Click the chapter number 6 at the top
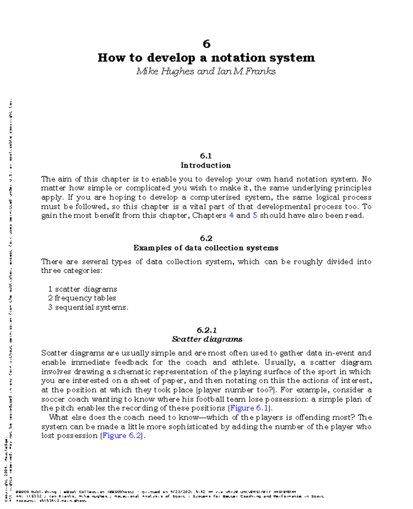click(206, 44)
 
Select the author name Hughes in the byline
click(178, 71)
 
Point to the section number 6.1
click(206, 156)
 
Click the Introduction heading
click(206, 165)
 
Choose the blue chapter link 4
click(231, 216)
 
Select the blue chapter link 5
click(255, 216)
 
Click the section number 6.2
click(206, 238)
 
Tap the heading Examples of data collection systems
click(206, 248)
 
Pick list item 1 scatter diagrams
click(83, 289)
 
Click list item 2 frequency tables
click(82, 298)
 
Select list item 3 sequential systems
click(88, 307)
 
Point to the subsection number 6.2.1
click(206, 331)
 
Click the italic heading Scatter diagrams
click(207, 339)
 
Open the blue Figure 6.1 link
click(249, 408)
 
